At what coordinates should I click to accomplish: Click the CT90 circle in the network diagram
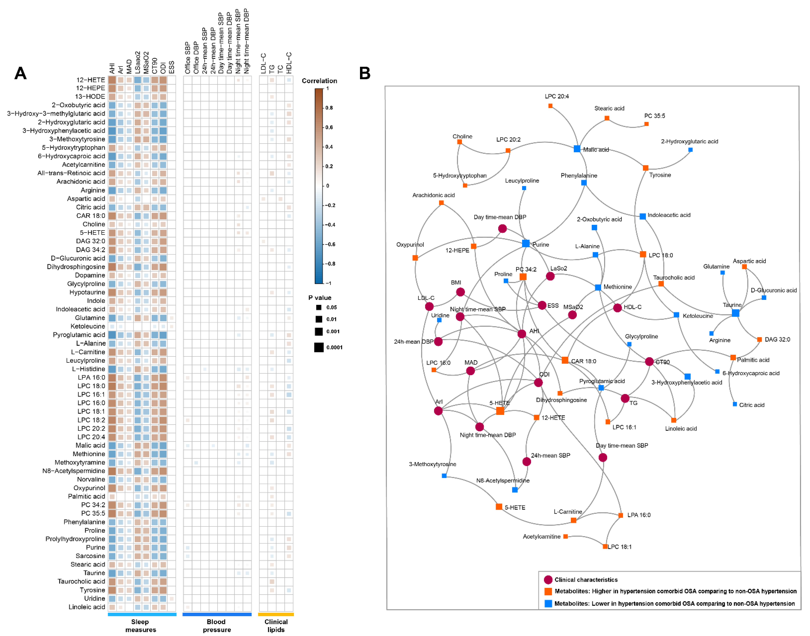[x=649, y=362]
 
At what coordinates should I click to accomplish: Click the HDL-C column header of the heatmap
[x=289, y=62]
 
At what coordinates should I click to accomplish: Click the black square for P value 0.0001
[x=319, y=347]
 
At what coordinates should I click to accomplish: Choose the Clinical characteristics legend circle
[x=548, y=580]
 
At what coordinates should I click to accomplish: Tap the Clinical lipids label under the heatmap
[x=276, y=626]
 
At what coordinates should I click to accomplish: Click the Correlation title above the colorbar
[x=319, y=81]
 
